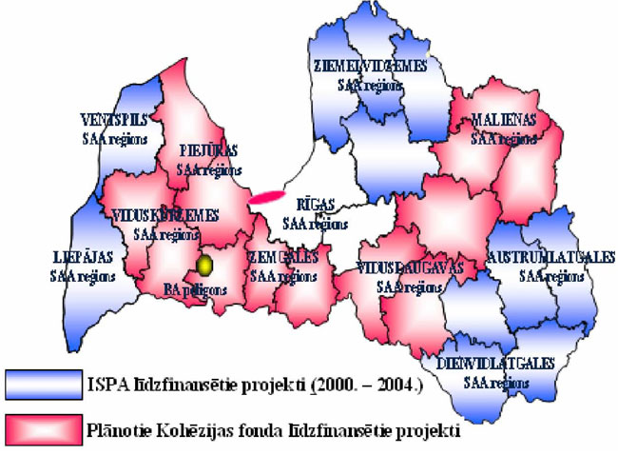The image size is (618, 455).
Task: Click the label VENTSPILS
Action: pyautogui.click(x=111, y=120)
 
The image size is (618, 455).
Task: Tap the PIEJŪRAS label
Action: pyautogui.click(x=207, y=150)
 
